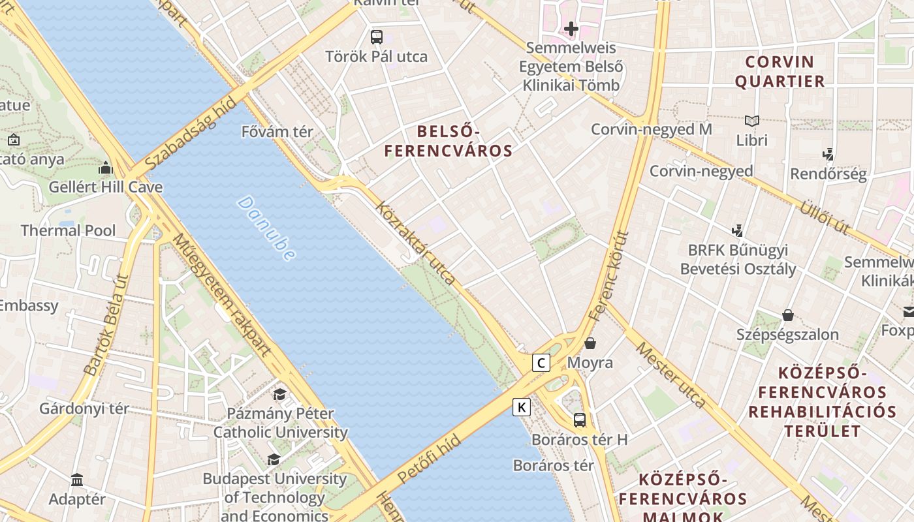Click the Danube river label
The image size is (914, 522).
click(266, 228)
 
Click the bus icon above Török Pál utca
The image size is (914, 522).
click(377, 37)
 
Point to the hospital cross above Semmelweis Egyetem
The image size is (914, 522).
click(571, 29)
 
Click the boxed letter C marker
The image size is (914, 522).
click(541, 363)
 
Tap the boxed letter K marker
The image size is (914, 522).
click(521, 408)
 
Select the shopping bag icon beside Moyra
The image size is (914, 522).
click(590, 343)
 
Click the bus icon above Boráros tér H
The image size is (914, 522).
click(580, 420)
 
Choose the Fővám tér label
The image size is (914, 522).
click(277, 132)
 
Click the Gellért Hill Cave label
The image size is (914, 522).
click(106, 187)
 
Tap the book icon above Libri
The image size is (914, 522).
click(752, 121)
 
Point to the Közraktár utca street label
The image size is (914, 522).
click(416, 242)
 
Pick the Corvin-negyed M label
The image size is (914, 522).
click(651, 129)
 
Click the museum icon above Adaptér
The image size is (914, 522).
click(77, 480)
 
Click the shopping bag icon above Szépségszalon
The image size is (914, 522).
click(788, 315)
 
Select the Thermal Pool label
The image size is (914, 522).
click(68, 230)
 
